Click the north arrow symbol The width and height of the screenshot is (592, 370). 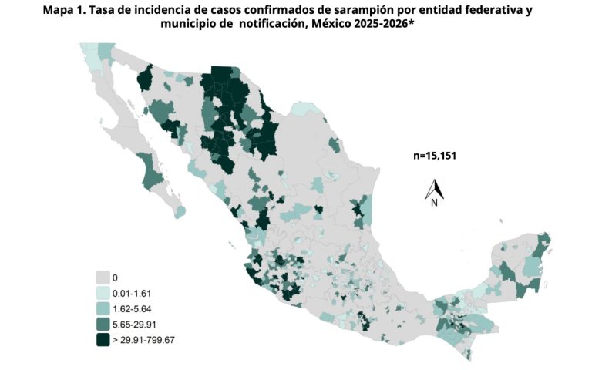435,189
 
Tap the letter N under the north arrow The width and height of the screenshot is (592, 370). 435,203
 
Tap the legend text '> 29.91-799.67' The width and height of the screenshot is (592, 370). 145,340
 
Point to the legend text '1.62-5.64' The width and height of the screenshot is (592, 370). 133,308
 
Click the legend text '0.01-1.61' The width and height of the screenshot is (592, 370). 133,293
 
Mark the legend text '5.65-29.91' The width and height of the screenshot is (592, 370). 135,324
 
